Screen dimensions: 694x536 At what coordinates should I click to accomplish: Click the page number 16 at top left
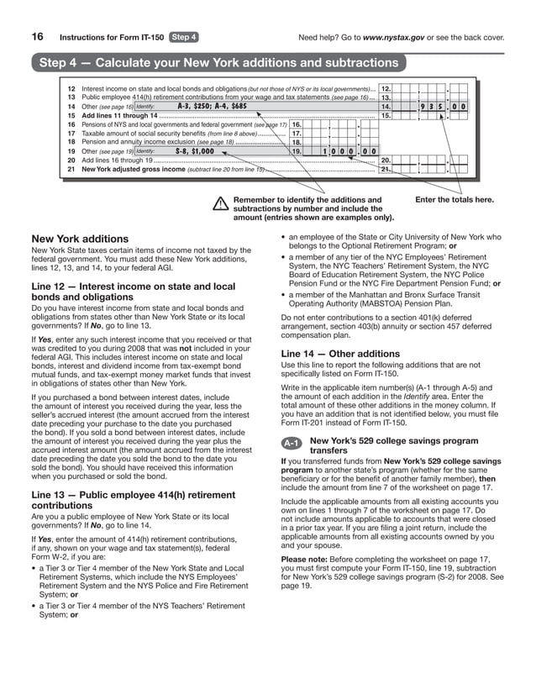click(x=38, y=37)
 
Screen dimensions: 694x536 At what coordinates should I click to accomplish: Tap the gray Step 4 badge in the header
click(x=184, y=37)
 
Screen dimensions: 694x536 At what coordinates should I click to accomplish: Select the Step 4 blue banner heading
click(x=218, y=64)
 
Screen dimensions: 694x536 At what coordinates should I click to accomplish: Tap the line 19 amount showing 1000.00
click(x=345, y=151)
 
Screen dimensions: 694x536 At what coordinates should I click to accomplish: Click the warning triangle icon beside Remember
click(x=221, y=202)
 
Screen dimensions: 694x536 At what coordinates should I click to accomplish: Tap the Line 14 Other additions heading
click(x=328, y=354)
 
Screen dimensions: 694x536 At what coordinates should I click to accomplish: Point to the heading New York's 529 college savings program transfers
click(x=394, y=445)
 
